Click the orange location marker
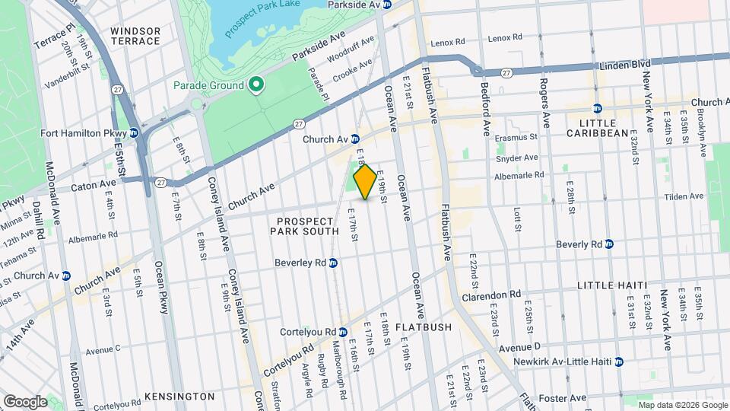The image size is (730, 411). click(x=365, y=182)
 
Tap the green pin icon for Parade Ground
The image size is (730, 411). click(x=256, y=85)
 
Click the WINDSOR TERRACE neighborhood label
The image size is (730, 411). click(x=135, y=37)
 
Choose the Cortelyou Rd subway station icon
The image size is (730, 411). click(x=343, y=332)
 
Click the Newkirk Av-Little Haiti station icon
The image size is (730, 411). click(x=619, y=362)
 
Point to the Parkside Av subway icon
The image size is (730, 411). click(x=386, y=5)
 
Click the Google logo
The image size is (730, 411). click(x=25, y=401)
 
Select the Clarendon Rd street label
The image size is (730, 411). click(x=494, y=293)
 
